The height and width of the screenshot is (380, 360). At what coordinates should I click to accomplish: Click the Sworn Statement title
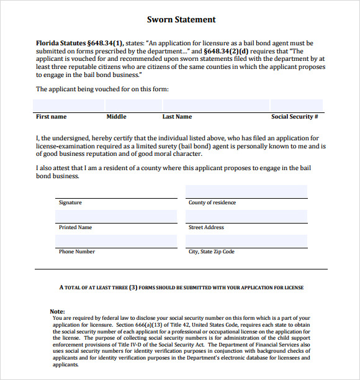(x=181, y=20)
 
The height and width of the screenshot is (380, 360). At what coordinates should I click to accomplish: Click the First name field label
(x=51, y=117)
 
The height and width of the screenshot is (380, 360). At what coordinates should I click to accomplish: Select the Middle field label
(x=116, y=117)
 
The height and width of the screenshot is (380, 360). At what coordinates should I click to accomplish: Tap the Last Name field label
(x=177, y=117)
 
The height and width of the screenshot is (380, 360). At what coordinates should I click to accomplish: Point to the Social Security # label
(x=294, y=117)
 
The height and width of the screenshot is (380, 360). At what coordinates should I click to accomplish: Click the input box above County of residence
(x=246, y=191)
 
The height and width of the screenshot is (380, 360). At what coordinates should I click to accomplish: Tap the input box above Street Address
(x=246, y=216)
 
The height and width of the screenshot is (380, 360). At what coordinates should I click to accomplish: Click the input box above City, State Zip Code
(x=246, y=241)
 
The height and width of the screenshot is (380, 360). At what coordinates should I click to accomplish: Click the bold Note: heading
(x=57, y=311)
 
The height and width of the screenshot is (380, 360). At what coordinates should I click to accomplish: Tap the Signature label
(x=70, y=203)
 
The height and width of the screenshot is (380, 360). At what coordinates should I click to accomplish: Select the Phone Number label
(x=77, y=252)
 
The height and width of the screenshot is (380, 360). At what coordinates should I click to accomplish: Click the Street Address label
(x=206, y=228)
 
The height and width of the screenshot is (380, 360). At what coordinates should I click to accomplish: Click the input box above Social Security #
(x=296, y=105)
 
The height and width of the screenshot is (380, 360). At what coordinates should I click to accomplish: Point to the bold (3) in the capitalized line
(x=133, y=288)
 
